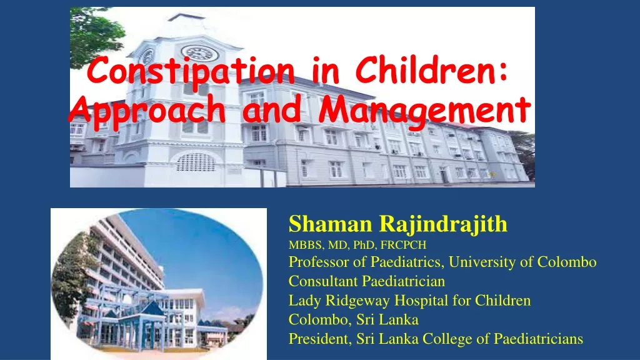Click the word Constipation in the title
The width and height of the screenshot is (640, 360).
191,71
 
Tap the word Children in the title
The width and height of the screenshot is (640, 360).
431,69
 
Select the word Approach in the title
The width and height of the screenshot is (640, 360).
147,111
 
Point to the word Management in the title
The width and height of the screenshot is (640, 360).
424,111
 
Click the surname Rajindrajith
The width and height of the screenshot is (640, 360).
443,224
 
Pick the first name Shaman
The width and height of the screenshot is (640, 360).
331,224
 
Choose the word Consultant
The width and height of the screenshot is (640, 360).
323,281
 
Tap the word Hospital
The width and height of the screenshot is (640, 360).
421,301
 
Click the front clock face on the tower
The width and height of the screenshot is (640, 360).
200,54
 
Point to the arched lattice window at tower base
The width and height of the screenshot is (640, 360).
196,162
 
